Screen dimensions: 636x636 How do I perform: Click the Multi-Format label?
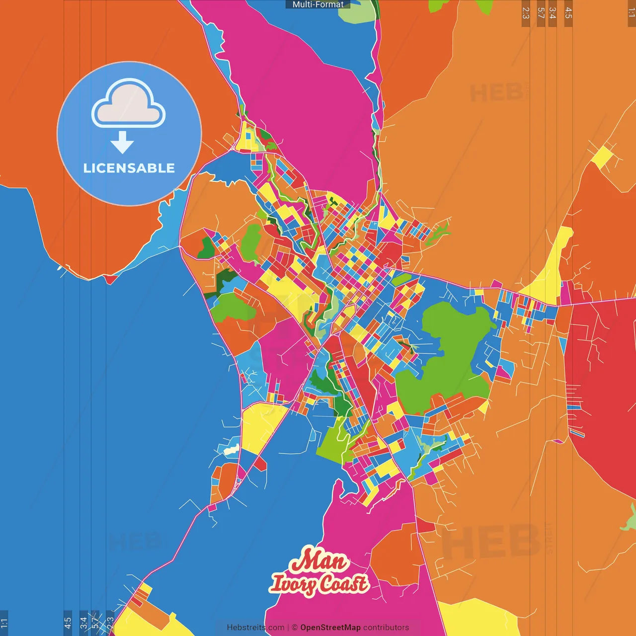coord(318,4)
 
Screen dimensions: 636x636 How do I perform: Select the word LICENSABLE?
coord(129,168)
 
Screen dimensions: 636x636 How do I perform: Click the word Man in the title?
coord(318,561)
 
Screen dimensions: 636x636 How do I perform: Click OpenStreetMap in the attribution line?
coord(330,628)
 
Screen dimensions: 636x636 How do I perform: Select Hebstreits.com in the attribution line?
coord(256,628)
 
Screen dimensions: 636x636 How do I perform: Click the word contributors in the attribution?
coord(386,628)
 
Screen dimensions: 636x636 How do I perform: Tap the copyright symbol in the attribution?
coord(295,628)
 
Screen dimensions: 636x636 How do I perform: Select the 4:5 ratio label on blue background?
coord(68,623)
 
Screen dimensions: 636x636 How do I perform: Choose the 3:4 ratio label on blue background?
coord(83,623)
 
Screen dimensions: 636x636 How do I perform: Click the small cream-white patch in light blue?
coord(232,451)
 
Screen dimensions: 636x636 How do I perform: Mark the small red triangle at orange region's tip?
coord(111,279)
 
